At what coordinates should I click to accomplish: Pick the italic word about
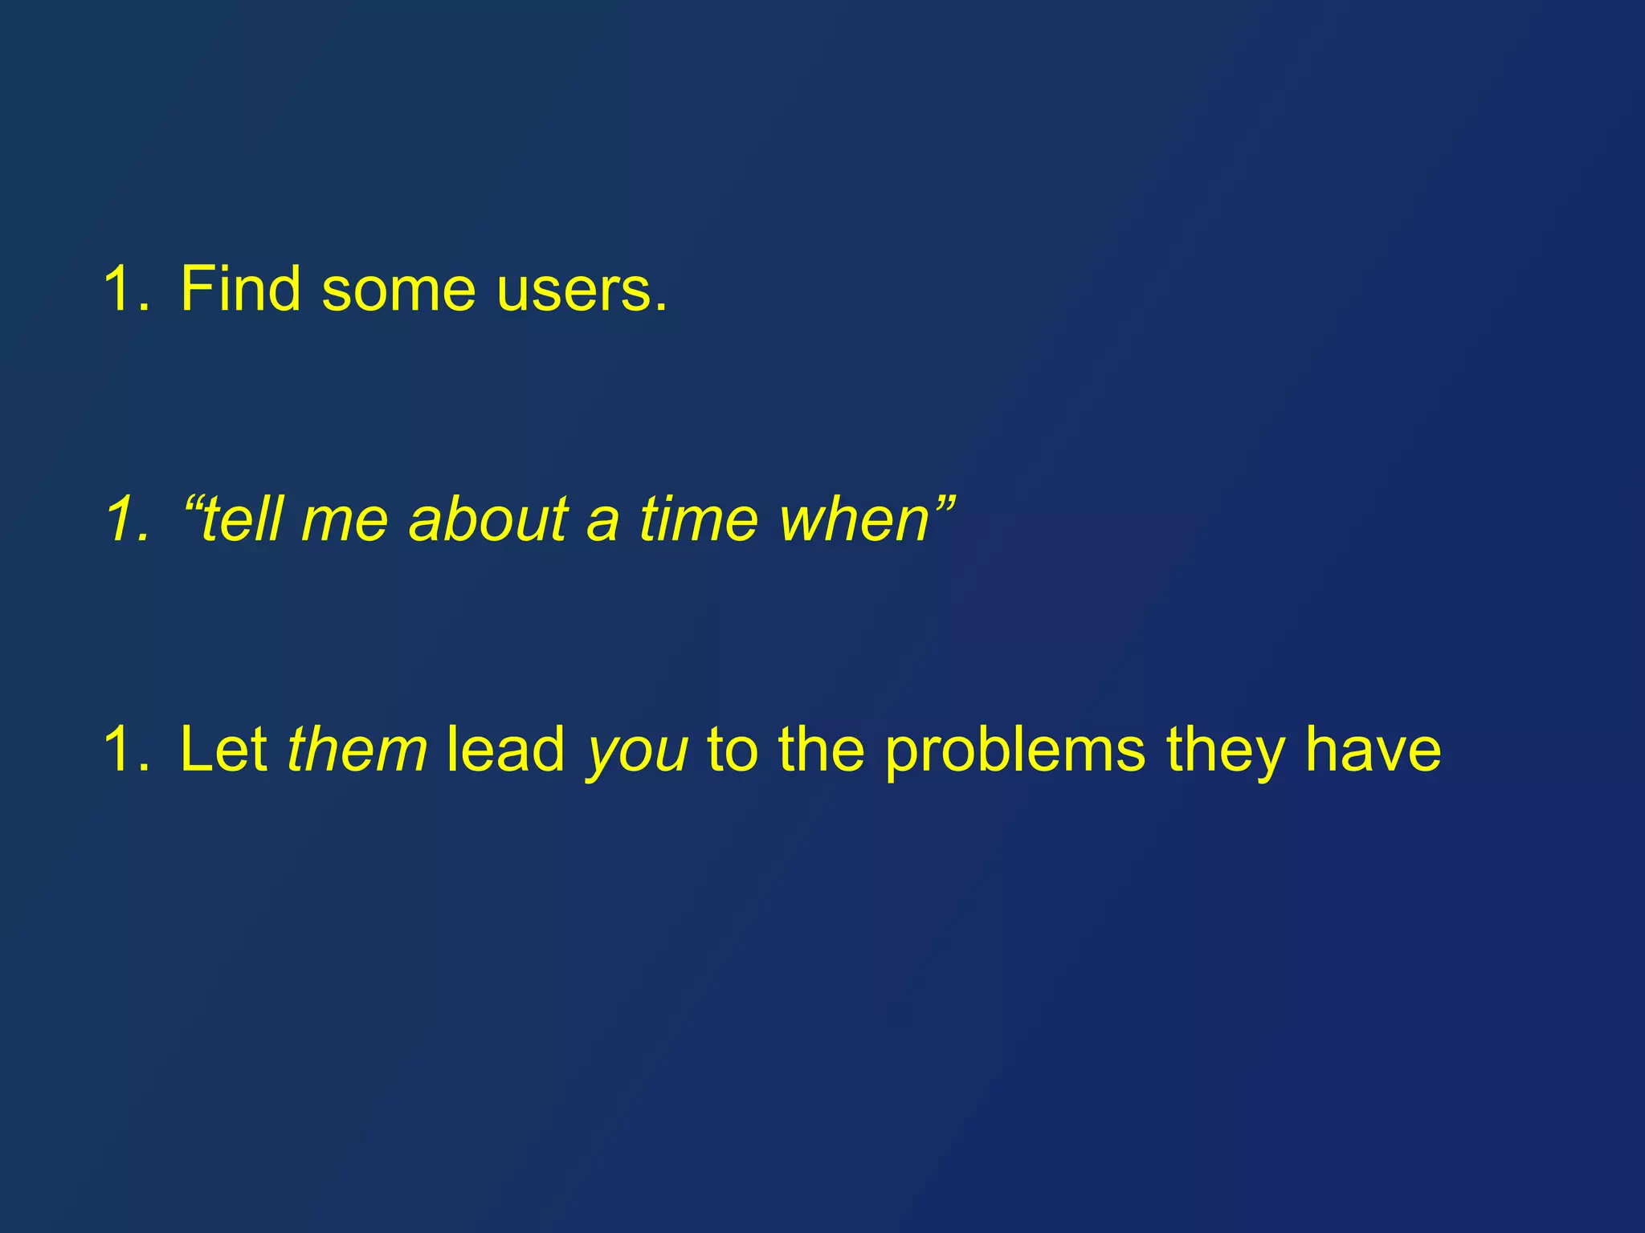489,519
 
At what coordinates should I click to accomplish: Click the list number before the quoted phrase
127,519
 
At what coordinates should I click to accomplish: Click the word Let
223,749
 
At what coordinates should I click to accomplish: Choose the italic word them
357,749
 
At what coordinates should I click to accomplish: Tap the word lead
506,749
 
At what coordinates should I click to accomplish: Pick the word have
1373,749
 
